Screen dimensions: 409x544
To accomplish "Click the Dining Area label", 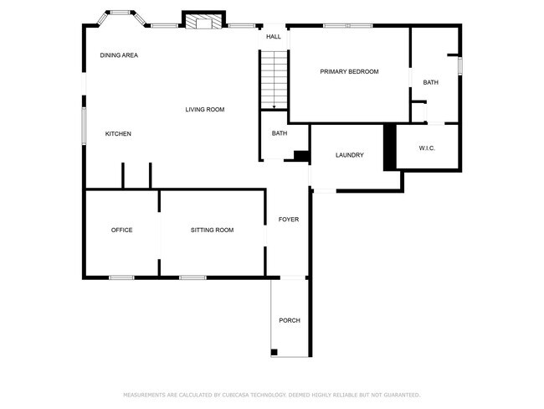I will [x=119, y=55].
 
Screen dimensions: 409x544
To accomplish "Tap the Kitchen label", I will [x=118, y=134].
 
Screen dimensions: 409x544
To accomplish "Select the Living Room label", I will [x=205, y=110].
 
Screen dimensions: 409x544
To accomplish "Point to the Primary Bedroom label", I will [x=349, y=72].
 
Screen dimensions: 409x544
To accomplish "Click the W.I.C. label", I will [x=427, y=148].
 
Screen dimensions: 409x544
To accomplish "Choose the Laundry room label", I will [x=349, y=155].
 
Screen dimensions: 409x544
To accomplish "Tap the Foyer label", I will [x=288, y=220].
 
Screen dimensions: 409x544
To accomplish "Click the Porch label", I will [x=290, y=320].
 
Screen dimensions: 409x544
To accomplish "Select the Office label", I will [x=122, y=230].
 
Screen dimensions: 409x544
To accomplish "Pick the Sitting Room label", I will [x=212, y=230].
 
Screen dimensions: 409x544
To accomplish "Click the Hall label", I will [x=274, y=37].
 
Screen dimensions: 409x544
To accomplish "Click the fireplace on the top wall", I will [x=204, y=22].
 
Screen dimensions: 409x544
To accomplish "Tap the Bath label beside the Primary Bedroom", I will [x=430, y=82].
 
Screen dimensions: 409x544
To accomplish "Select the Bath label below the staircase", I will [x=280, y=133].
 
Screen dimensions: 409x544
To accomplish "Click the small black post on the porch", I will [x=275, y=352].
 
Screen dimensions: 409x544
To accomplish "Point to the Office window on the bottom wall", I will [x=121, y=277].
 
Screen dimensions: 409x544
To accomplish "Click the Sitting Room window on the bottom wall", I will [x=192, y=277].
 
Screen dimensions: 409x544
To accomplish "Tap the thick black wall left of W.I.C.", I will [x=388, y=148].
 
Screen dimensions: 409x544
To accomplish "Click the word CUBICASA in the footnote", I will [x=242, y=395].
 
